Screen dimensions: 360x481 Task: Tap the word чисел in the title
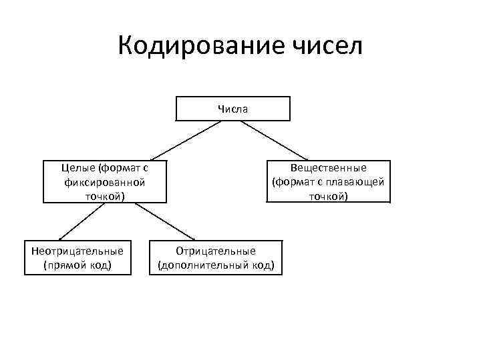[327, 47]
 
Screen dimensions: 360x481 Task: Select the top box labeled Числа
[232, 109]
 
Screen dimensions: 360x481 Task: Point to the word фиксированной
[104, 181]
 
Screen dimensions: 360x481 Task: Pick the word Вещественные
[328, 167]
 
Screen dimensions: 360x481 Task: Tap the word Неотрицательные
[77, 251]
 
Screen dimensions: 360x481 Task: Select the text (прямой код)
[77, 265]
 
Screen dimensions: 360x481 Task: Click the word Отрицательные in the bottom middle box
[216, 251]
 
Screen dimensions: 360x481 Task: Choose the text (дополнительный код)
[216, 265]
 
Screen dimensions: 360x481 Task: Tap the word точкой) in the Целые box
[104, 195]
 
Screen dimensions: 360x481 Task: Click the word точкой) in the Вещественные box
[328, 195]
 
